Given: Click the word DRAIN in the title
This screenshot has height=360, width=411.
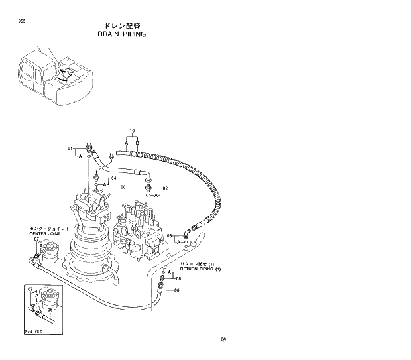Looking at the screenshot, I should (x=108, y=34).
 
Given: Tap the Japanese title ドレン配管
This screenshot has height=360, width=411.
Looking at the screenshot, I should (x=122, y=25).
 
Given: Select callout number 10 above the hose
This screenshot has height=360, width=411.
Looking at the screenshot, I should (x=132, y=131).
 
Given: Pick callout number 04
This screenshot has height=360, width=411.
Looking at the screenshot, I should (x=113, y=178).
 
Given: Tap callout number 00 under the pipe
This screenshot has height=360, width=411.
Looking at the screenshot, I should (x=123, y=187).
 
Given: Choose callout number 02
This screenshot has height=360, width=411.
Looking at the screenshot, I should (x=165, y=188).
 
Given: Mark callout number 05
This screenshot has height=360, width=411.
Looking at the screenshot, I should (x=169, y=235).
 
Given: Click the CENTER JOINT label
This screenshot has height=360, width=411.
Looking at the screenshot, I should (x=45, y=234).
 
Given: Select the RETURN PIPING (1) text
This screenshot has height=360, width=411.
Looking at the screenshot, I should (x=200, y=269).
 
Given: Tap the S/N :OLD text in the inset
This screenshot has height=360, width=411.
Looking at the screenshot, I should (x=33, y=330).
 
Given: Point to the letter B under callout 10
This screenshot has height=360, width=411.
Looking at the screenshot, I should (x=137, y=143).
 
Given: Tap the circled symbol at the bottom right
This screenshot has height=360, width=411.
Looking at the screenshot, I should (x=224, y=339).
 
